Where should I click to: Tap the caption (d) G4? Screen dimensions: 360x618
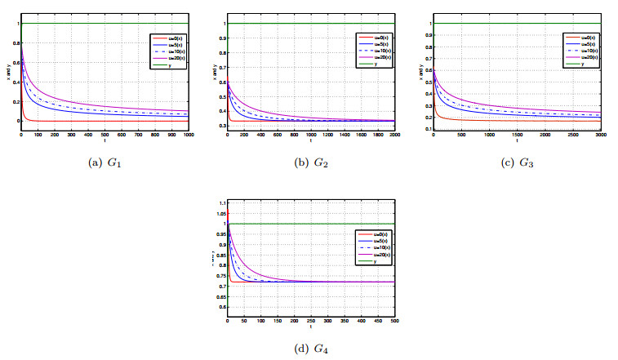pos(311,349)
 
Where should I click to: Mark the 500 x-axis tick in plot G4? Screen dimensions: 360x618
pos(393,322)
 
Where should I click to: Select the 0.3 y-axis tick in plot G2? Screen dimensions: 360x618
pos(220,126)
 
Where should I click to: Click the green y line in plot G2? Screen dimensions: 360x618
pos(310,23)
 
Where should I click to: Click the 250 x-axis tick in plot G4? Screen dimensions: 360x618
pos(310,322)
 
